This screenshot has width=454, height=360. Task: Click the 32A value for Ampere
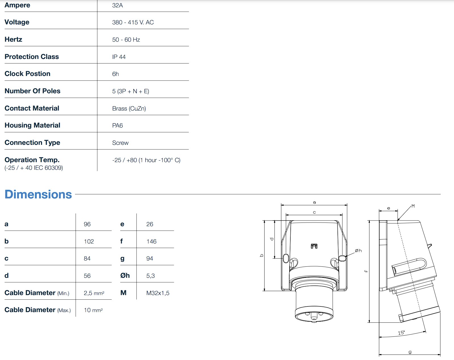(x=117, y=5)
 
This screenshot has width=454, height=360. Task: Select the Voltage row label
(x=17, y=22)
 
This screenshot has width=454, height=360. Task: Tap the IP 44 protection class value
(x=119, y=57)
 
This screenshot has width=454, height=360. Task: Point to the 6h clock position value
(x=115, y=74)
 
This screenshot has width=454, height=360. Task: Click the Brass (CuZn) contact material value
(x=129, y=109)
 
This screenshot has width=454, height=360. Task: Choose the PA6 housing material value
(x=117, y=126)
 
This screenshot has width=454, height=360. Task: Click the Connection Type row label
(x=32, y=143)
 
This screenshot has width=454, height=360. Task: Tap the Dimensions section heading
(x=38, y=194)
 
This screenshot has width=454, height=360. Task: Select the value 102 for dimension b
(x=88, y=242)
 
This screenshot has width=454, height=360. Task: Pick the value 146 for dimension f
(x=151, y=242)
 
